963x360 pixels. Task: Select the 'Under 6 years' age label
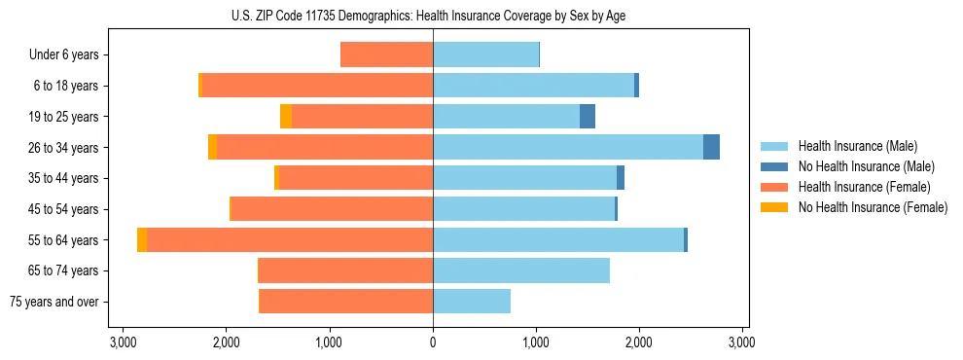(64, 55)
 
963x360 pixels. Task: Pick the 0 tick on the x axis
(433, 342)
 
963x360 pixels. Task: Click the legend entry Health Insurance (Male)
(857, 146)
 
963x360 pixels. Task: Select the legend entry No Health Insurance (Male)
(866, 166)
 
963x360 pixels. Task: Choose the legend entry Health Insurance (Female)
(865, 187)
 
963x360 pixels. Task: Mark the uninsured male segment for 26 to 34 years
(711, 148)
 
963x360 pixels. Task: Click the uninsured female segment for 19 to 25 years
(286, 117)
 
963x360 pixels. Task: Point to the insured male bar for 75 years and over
(472, 302)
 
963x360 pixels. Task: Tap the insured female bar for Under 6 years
(387, 55)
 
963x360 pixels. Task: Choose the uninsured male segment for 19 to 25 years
(588, 117)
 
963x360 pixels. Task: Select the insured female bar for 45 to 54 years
(332, 209)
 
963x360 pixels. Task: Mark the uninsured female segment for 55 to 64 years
(142, 240)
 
